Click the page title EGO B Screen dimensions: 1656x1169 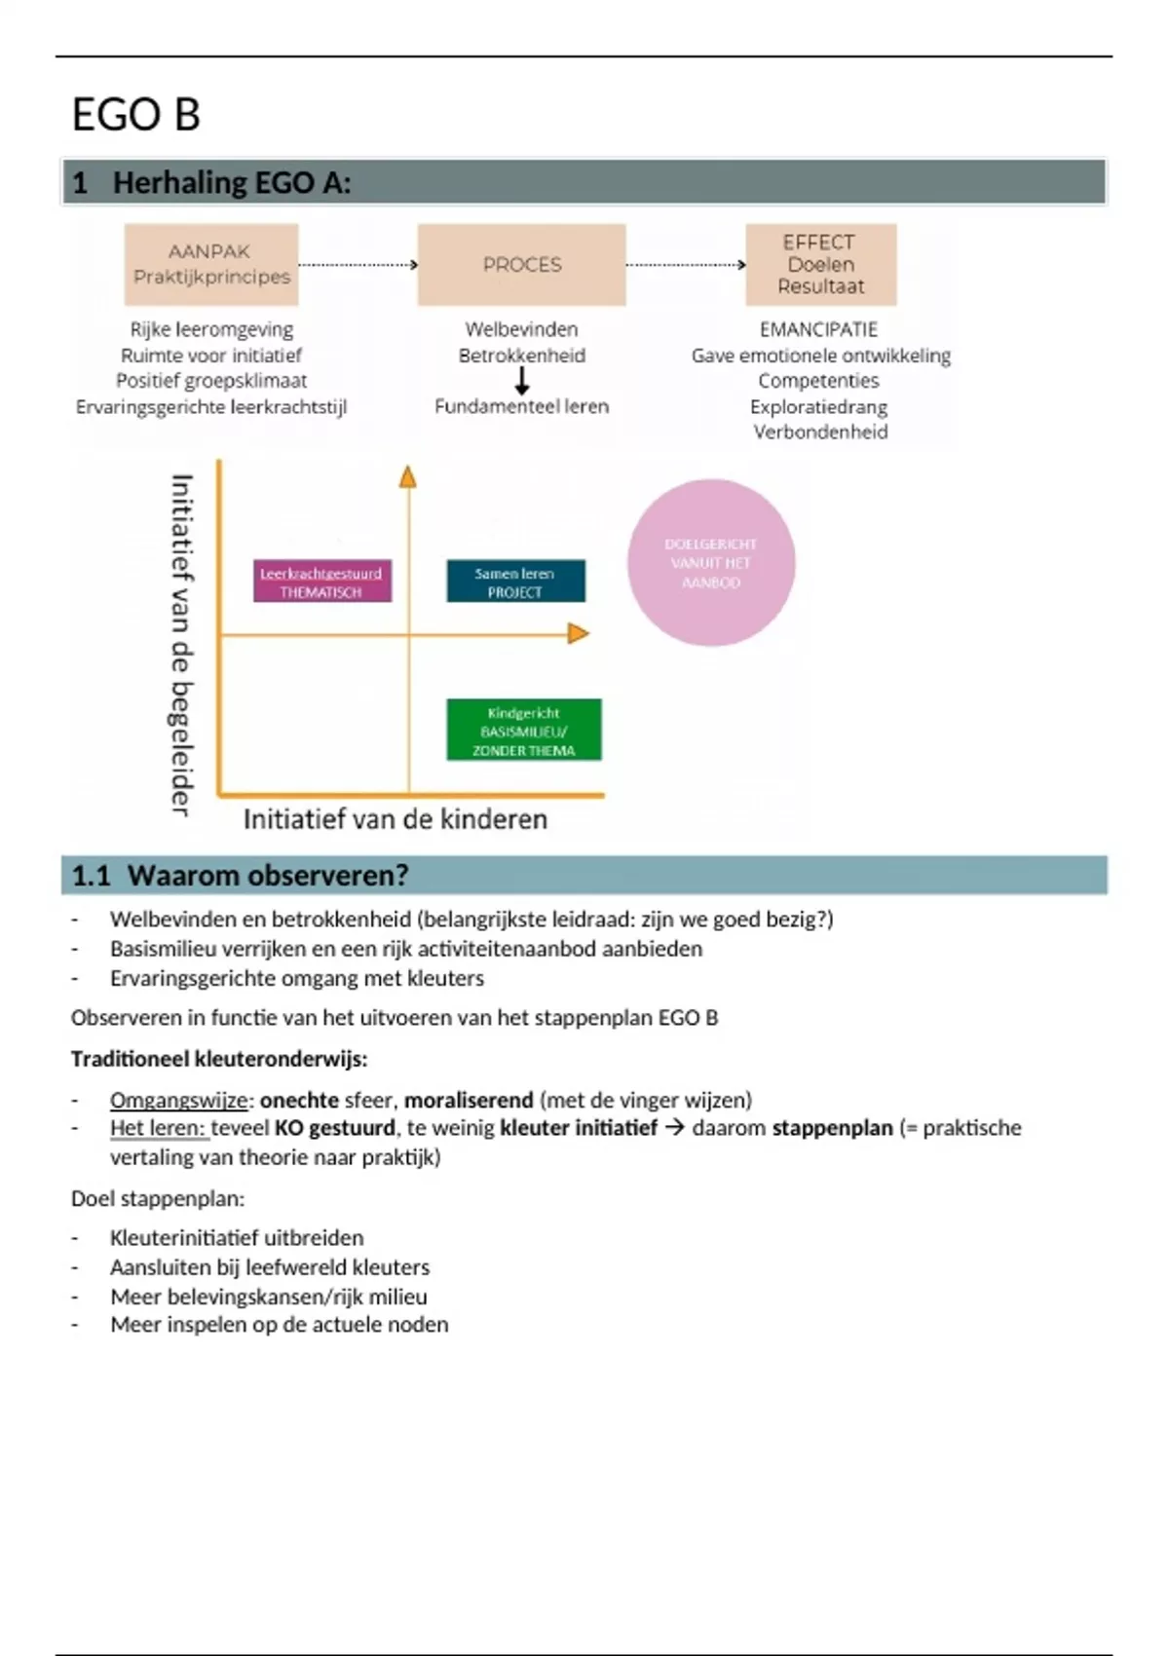136,114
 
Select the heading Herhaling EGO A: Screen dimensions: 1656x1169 231,182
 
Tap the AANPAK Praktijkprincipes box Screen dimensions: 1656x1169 211,264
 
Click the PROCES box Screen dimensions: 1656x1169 521,264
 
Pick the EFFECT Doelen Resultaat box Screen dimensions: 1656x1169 820,264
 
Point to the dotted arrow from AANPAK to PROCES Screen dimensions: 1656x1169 358,264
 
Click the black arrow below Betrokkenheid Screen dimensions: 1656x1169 522,381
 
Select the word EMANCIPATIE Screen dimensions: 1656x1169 818,329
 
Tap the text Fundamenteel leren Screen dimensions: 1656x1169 521,406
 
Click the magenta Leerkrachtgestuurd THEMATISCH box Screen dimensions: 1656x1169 321,582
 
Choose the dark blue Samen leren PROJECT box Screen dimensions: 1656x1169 515,582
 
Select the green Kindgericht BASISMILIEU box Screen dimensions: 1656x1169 523,731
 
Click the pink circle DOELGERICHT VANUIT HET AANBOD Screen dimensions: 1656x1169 711,563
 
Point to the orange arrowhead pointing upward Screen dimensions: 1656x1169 408,476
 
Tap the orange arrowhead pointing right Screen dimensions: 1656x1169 579,634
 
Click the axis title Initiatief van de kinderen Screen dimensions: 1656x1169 395,819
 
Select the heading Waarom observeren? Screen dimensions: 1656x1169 267,875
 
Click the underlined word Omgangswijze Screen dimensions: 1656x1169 179,1100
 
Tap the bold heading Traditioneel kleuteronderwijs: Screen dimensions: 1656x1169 219,1059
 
